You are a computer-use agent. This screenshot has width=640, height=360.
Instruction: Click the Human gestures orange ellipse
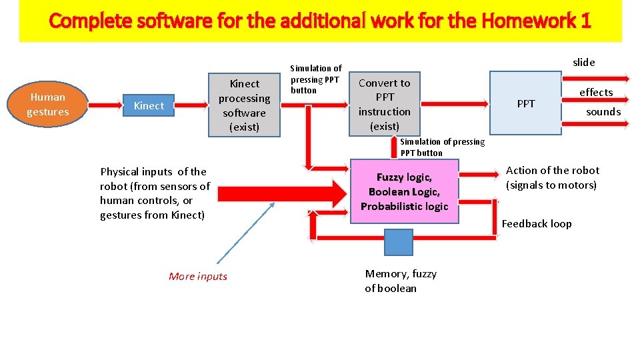48,105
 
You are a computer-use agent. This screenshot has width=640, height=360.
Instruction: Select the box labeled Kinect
149,105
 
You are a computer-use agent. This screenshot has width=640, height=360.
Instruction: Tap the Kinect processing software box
244,105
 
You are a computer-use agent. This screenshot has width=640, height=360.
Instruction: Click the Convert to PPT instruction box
385,105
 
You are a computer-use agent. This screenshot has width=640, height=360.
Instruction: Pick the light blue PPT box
525,103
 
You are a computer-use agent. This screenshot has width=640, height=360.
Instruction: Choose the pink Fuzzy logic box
404,192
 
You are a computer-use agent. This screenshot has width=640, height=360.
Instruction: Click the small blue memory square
399,243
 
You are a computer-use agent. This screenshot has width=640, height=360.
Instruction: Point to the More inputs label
198,277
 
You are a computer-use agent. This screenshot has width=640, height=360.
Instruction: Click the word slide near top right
583,62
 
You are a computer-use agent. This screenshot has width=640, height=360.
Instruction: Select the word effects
596,92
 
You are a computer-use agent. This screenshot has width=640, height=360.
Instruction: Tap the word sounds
603,112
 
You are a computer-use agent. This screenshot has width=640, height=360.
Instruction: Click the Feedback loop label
537,224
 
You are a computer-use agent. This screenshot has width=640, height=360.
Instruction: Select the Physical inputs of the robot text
155,193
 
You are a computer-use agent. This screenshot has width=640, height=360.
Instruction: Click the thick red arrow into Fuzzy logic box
280,194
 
